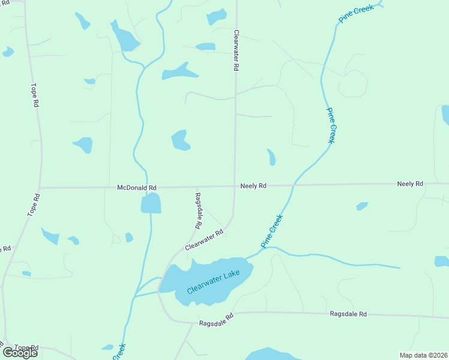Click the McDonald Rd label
[x=137, y=188]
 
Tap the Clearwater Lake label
[x=212, y=281]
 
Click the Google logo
[x=20, y=352]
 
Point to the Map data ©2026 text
[x=423, y=355]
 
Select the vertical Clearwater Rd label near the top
[x=237, y=52]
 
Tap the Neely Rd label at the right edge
[x=410, y=184]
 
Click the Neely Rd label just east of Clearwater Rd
[x=253, y=186]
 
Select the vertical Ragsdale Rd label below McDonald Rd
[x=197, y=210]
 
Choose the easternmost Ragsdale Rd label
[x=348, y=314]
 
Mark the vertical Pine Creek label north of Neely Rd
[x=331, y=125]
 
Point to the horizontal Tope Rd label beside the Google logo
[x=26, y=347]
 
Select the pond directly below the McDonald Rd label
[x=151, y=204]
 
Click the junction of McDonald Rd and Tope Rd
[x=40, y=188]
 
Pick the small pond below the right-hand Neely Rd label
[x=362, y=206]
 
